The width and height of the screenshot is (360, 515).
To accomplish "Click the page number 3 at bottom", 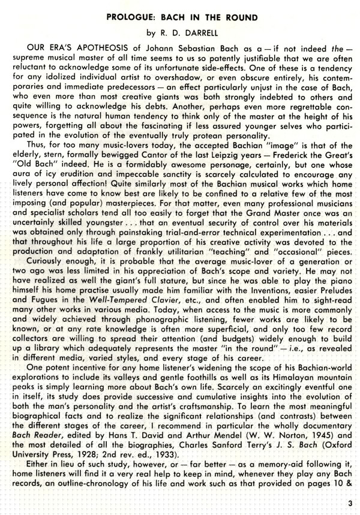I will point(348,503).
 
